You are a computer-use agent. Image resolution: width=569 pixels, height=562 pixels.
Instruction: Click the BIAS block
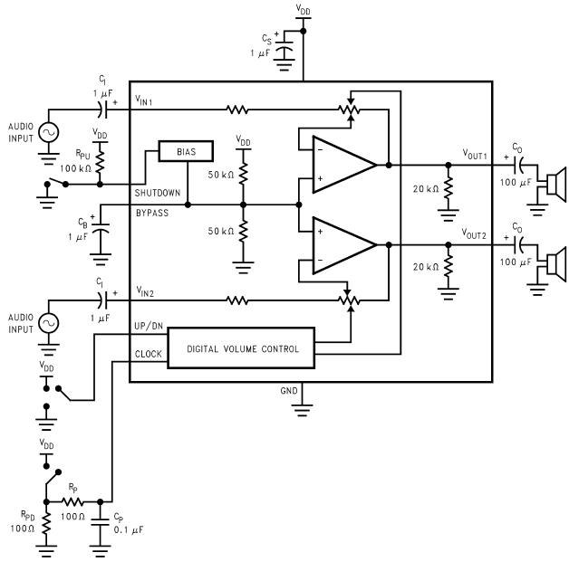186,151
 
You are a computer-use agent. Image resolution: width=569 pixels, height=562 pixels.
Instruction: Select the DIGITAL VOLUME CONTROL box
241,348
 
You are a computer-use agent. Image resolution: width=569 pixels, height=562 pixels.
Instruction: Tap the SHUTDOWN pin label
158,193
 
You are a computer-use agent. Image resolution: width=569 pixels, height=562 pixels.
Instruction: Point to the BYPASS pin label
152,213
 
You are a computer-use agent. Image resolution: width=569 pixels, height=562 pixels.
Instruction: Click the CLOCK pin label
149,354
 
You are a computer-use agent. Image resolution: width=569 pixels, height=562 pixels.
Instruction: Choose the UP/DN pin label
149,326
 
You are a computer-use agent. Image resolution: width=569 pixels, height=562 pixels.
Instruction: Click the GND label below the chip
289,391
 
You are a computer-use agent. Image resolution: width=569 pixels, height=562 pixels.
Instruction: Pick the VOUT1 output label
475,155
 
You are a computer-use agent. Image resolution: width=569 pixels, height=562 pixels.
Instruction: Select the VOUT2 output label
474,233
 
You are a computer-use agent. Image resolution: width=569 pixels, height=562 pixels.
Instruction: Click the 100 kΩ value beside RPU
75,168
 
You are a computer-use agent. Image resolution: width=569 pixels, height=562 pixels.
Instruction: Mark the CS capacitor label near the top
266,39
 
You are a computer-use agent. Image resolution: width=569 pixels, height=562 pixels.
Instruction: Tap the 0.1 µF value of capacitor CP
129,530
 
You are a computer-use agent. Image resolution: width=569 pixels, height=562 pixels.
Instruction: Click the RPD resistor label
28,515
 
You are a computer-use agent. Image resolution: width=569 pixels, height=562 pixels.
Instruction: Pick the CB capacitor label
82,223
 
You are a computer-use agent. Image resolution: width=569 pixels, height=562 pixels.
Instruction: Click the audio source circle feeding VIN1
49,133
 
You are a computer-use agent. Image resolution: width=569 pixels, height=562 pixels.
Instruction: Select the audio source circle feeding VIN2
49,323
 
